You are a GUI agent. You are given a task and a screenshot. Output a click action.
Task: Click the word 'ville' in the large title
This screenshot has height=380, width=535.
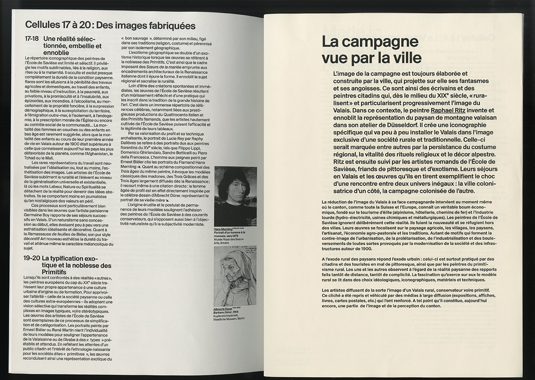[x=405, y=58]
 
